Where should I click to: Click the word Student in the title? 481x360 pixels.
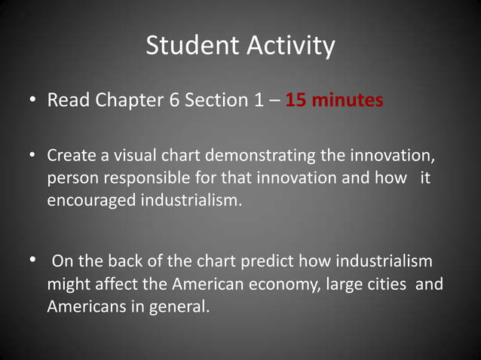[x=192, y=46]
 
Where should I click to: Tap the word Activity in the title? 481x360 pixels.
[x=290, y=46]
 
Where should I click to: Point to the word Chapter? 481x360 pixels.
[x=124, y=100]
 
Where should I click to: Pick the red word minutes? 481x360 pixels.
[x=348, y=100]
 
